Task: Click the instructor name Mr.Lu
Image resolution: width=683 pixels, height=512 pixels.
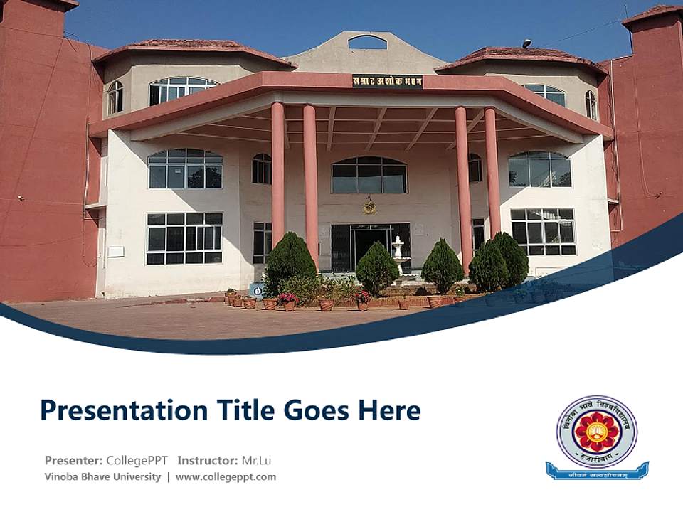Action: click(257, 460)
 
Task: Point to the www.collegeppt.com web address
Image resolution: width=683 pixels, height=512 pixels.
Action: click(226, 476)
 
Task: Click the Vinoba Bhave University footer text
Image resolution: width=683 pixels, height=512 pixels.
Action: click(102, 476)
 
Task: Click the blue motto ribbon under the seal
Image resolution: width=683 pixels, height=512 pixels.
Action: click(597, 470)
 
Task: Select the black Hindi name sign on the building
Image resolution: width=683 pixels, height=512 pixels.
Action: click(387, 81)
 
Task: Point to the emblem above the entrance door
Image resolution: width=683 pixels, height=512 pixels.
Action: click(369, 206)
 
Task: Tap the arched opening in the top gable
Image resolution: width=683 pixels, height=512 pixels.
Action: click(367, 43)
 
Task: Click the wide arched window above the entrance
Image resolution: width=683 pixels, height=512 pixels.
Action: click(369, 175)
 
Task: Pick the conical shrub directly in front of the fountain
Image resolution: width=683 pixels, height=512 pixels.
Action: click(377, 269)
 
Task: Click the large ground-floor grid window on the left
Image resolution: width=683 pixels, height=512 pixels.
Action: click(184, 238)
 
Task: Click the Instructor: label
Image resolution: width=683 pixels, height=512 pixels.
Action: click(207, 460)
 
